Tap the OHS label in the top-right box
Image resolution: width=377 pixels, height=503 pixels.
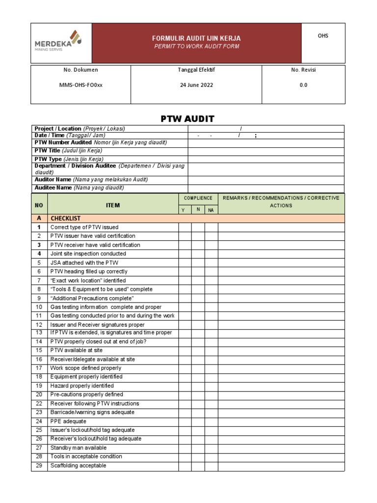pyautogui.click(x=323, y=36)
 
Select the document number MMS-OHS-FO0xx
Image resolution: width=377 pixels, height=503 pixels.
pyautogui.click(x=81, y=84)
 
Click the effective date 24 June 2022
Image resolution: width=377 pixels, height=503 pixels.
pyautogui.click(x=196, y=84)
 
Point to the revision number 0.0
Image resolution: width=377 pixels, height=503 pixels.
pyautogui.click(x=303, y=84)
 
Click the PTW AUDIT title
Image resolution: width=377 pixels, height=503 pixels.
pyautogui.click(x=188, y=118)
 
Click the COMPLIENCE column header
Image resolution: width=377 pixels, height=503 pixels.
pyautogui.click(x=198, y=198)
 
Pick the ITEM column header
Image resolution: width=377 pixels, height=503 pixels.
pyautogui.click(x=112, y=205)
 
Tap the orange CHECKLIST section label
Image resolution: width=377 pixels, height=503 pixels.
pyautogui.click(x=65, y=219)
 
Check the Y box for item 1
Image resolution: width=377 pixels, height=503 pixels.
pyautogui.click(x=185, y=227)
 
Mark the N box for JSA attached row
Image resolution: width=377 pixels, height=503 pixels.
pyautogui.click(x=198, y=263)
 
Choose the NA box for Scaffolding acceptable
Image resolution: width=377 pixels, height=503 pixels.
pyautogui.click(x=211, y=466)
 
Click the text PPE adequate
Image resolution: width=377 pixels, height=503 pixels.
pyautogui.click(x=68, y=421)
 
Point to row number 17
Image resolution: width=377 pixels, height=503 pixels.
pyautogui.click(x=39, y=368)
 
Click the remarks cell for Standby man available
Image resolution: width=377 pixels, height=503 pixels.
pyautogui.click(x=281, y=448)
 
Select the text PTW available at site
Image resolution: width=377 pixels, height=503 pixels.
pyautogui.click(x=77, y=350)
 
